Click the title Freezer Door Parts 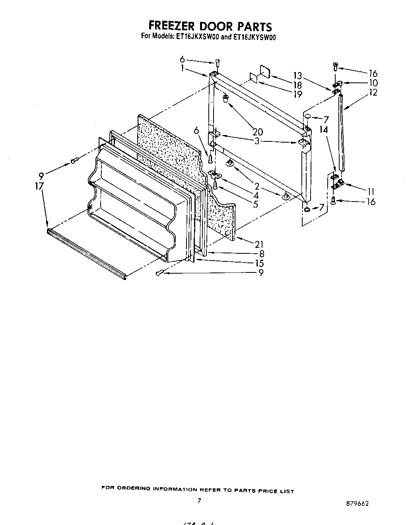pos(210,26)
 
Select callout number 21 pos(259,244)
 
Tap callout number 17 pos(39,186)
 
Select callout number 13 pos(297,76)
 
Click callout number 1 pos(182,68)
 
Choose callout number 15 pos(259,263)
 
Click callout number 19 pos(297,94)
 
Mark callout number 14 pos(323,129)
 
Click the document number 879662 pos(357,503)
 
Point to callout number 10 pos(373,83)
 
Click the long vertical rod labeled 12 pos(342,131)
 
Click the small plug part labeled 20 pos(226,98)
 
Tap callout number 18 pos(297,85)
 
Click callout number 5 pos(255,204)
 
